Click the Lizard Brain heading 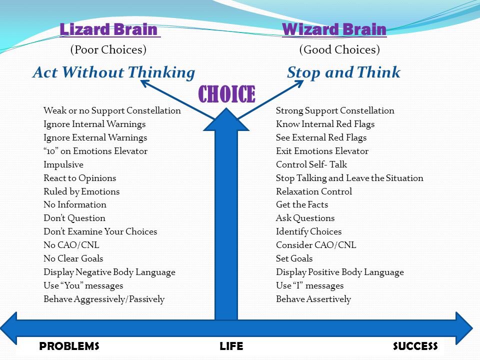(x=109, y=29)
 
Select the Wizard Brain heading (x=334, y=29)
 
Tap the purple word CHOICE (x=226, y=94)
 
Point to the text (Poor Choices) (x=108, y=50)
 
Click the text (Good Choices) (x=339, y=50)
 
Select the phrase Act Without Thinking (x=113, y=73)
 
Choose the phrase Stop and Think (x=343, y=73)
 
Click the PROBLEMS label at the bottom (x=69, y=346)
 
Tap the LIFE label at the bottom (x=231, y=346)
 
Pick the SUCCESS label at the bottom (x=415, y=346)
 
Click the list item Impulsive (x=63, y=164)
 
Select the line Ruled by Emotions (x=81, y=191)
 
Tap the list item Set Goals (x=294, y=258)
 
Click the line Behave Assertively (x=313, y=299)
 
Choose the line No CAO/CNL (x=71, y=245)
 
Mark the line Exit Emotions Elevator (x=322, y=151)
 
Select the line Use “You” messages (x=83, y=285)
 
